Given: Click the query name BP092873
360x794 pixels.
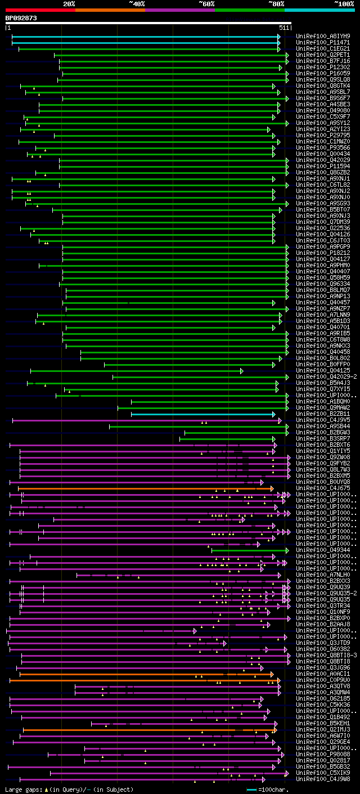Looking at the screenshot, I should (21, 18).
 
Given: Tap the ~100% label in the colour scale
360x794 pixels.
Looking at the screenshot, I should (343, 4).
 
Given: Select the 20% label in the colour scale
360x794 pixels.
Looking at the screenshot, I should (69, 4).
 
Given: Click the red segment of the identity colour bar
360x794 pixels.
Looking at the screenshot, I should (39, 10).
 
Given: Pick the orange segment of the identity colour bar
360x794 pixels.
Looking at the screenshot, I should (110, 10).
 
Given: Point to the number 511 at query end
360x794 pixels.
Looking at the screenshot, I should (283, 28).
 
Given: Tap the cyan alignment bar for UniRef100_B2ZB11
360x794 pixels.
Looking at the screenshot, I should (202, 414).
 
